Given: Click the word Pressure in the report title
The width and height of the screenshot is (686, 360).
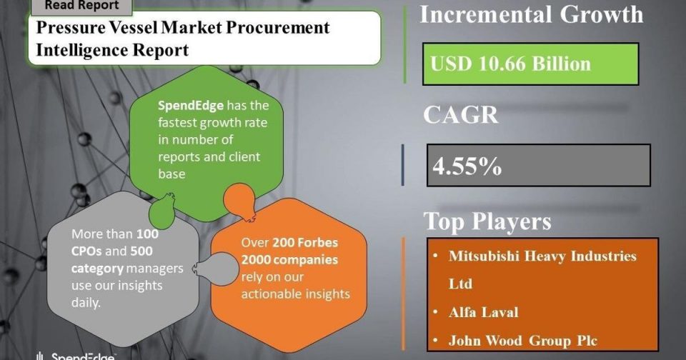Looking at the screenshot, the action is [x=66, y=28].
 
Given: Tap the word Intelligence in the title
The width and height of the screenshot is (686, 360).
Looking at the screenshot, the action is [x=81, y=50].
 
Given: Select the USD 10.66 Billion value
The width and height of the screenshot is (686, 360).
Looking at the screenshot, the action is [x=510, y=64].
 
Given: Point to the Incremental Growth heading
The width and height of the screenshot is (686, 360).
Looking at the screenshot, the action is [x=532, y=14].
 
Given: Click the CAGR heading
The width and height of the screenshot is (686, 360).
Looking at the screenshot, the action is [x=461, y=115].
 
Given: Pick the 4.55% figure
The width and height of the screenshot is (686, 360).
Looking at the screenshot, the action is [x=467, y=166].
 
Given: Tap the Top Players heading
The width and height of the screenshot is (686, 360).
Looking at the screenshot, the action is [x=487, y=221].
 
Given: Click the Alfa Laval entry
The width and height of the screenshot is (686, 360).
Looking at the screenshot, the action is [x=484, y=312].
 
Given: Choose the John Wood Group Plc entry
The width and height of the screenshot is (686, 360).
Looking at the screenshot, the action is [x=523, y=341].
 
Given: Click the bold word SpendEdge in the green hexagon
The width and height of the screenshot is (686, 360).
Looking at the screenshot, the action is [x=191, y=106].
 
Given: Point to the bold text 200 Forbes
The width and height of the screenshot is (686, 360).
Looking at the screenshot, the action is [x=305, y=242].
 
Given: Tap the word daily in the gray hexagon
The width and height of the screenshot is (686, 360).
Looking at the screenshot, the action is [x=86, y=303].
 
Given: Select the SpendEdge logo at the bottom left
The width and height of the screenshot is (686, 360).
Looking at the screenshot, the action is [x=75, y=356].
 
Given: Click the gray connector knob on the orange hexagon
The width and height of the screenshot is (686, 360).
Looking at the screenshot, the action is [x=214, y=269].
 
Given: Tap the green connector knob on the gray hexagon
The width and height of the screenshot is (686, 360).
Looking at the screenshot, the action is [x=162, y=211].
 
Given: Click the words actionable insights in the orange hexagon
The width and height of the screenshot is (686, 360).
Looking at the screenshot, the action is [x=295, y=294].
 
